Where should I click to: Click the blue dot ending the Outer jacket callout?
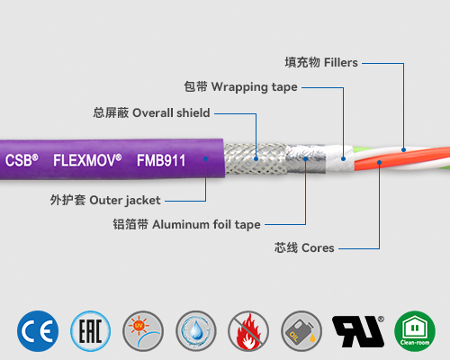point(206,160)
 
